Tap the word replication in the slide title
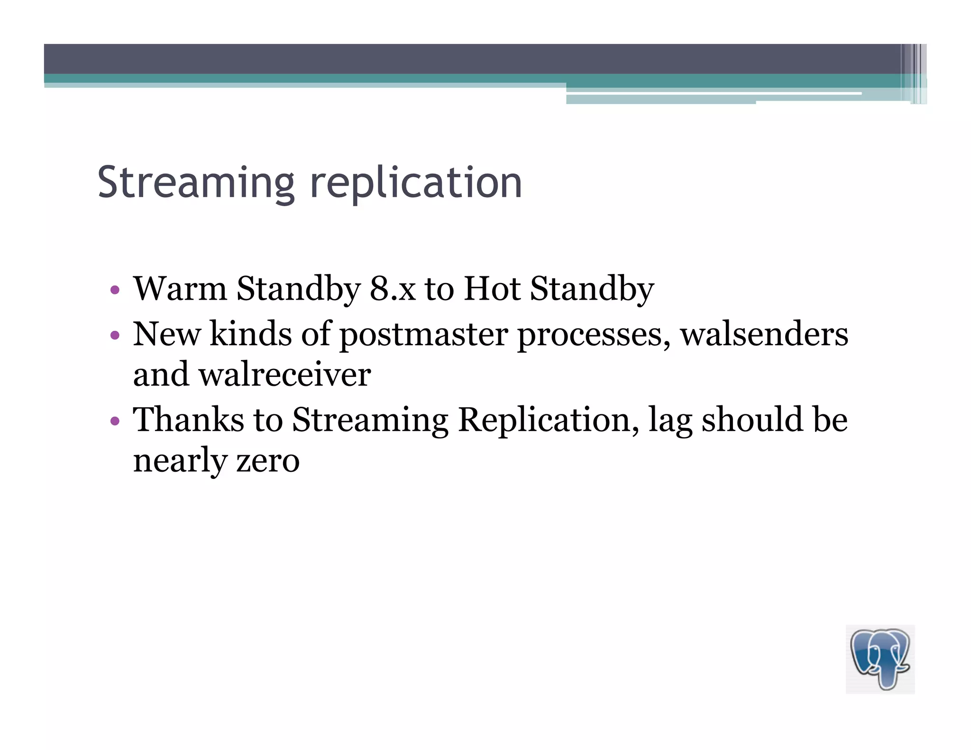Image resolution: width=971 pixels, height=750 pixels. (416, 183)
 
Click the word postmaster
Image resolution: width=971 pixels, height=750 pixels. (423, 335)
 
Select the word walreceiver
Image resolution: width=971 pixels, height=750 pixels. (284, 375)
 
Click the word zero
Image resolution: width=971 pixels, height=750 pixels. (268, 461)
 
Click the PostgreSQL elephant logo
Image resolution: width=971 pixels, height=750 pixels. (880, 659)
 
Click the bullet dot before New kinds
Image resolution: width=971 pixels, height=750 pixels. (114, 336)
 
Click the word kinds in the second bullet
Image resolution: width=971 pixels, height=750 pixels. (250, 334)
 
